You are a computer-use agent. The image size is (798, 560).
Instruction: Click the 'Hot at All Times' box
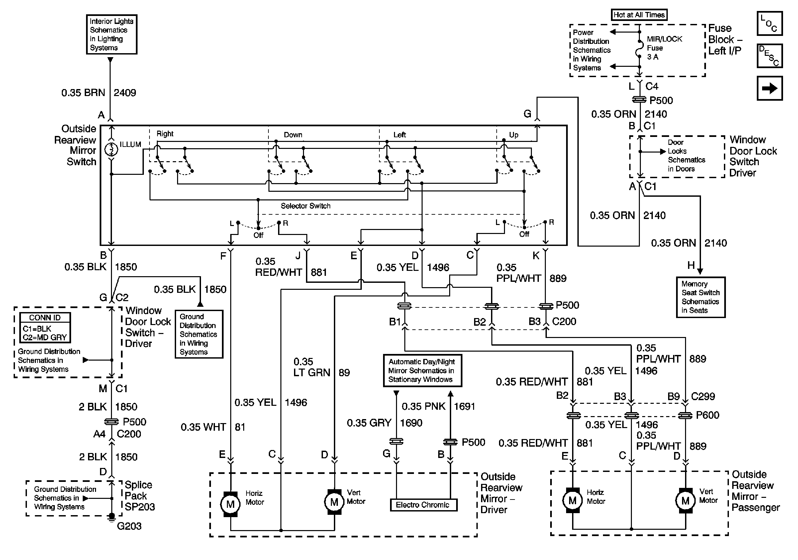(639, 15)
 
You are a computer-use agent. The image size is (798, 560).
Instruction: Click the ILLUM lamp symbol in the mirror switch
(111, 149)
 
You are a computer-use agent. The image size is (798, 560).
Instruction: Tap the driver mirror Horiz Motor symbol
(231, 504)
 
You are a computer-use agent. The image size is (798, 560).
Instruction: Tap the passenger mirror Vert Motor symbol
(685, 501)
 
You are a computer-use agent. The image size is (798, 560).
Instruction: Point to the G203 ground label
(129, 526)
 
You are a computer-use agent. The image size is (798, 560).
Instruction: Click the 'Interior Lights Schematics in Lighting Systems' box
(112, 35)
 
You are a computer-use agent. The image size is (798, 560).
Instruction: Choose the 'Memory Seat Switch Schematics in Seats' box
(700, 297)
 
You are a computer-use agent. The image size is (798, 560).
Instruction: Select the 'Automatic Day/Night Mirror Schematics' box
(422, 371)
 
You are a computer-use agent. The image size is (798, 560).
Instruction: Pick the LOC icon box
(769, 24)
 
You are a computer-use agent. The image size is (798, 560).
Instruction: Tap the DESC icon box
(769, 56)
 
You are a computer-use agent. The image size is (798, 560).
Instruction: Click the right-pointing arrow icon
(769, 88)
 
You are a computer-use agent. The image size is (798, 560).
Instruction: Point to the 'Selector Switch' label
(306, 206)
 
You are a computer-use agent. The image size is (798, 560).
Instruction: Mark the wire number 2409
(125, 93)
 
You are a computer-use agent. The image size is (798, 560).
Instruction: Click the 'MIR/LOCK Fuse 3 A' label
(664, 48)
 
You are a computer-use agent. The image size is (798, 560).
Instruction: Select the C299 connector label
(703, 396)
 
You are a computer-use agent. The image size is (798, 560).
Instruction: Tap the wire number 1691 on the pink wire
(464, 406)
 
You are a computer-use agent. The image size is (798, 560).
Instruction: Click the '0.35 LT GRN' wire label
(311, 367)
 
